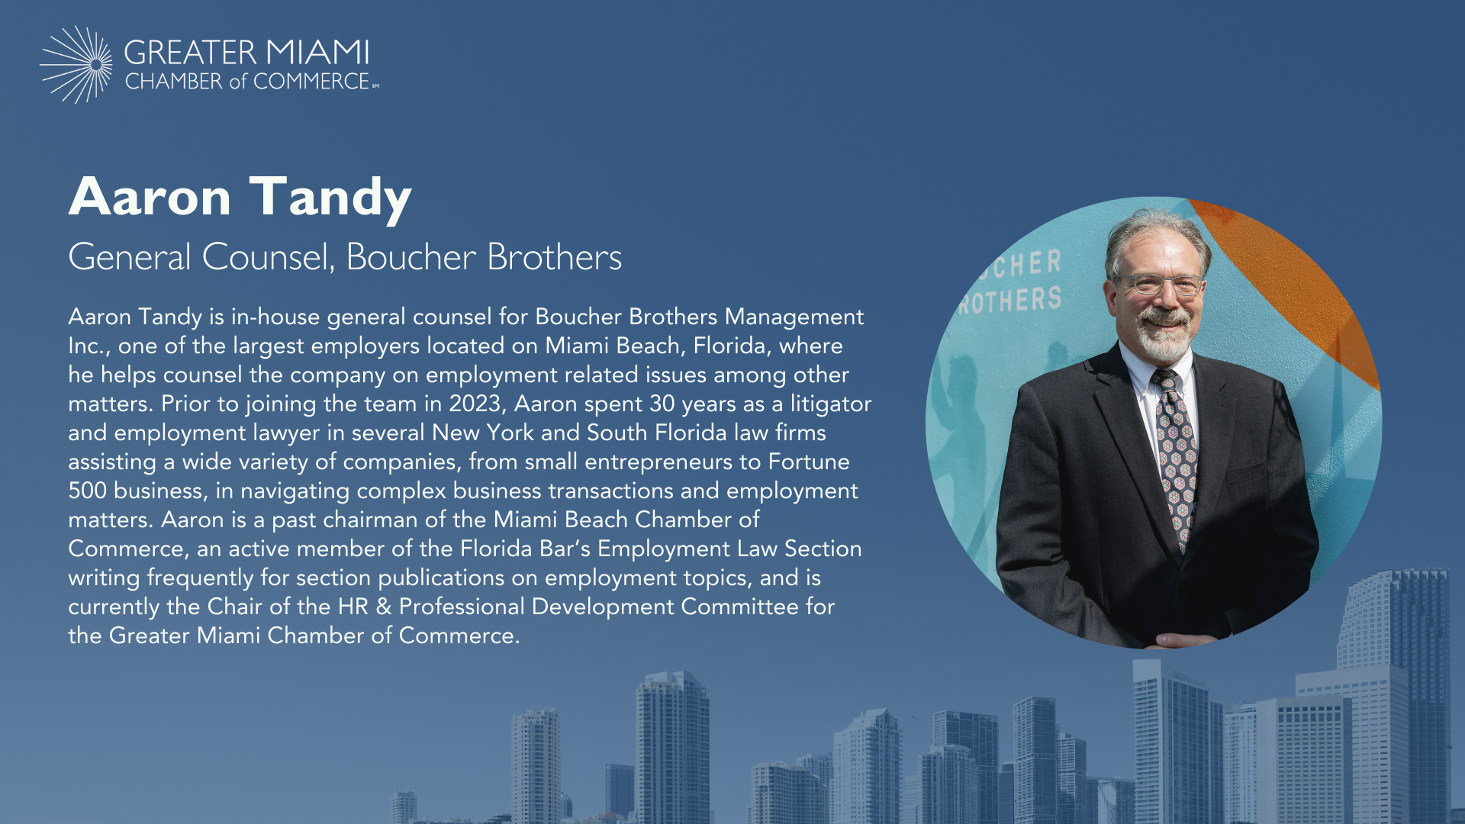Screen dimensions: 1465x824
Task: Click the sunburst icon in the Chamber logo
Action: [76, 65]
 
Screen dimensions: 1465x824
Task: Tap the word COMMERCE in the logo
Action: [311, 81]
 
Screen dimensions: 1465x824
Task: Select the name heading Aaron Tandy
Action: [240, 197]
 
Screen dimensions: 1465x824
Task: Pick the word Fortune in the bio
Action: [809, 462]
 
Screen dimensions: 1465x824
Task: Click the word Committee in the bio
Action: [740, 607]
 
